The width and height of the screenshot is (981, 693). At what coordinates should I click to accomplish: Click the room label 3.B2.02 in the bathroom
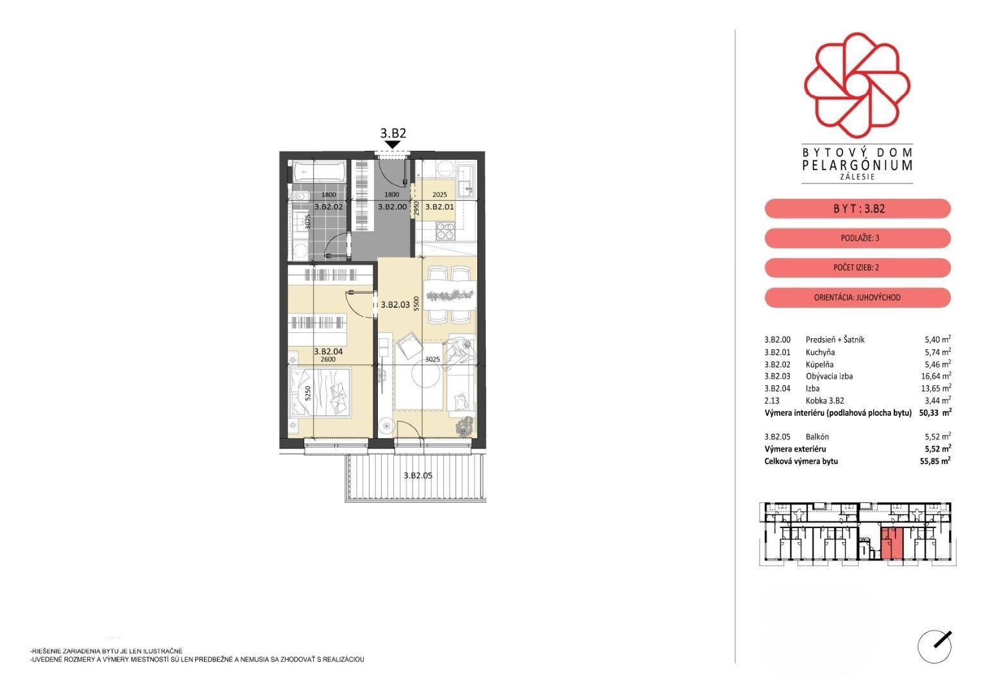[x=328, y=207]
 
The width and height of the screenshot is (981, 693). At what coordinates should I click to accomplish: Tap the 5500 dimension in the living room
[x=416, y=304]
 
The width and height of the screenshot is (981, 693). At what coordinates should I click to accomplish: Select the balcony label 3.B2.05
[x=418, y=475]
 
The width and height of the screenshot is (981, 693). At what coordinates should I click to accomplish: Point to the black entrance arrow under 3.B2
[x=393, y=144]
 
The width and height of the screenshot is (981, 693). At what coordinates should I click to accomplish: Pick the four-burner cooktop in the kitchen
[x=446, y=231]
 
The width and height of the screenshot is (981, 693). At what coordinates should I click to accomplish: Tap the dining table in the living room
[x=450, y=295]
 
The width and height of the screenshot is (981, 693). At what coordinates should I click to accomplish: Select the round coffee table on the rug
[x=425, y=376]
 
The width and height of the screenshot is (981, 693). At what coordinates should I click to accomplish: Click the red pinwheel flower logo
[x=857, y=84]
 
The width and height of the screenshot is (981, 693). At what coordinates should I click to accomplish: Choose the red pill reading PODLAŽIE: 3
[x=858, y=238]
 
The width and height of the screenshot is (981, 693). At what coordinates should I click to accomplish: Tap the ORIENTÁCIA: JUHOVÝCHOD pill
[x=858, y=298]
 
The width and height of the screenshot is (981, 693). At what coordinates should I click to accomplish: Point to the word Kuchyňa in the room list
[x=820, y=352]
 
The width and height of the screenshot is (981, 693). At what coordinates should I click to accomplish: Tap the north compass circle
[x=935, y=647]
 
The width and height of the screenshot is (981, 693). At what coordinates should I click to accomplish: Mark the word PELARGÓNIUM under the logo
[x=858, y=165]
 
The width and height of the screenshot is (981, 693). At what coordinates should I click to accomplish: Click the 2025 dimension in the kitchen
[x=439, y=194]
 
